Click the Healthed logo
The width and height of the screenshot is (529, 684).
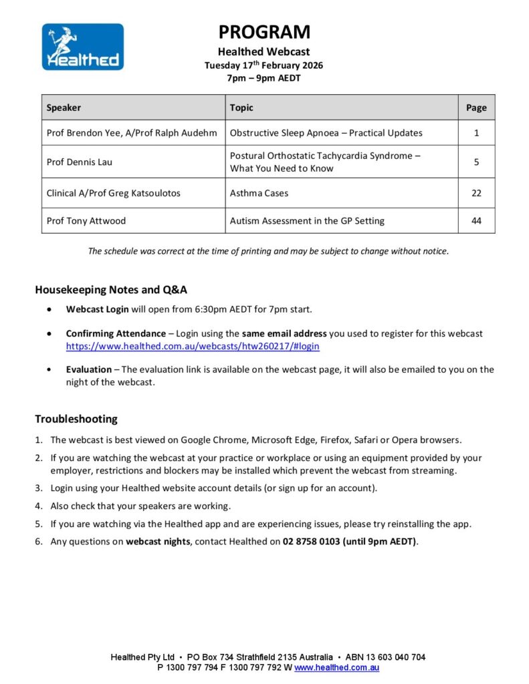click(x=82, y=47)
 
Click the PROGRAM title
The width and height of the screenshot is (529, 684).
click(x=264, y=32)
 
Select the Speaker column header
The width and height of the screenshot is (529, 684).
click(x=64, y=108)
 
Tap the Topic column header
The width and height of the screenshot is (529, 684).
click(x=241, y=108)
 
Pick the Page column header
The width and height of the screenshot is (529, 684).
click(x=476, y=108)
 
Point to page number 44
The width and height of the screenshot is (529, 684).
click(x=476, y=220)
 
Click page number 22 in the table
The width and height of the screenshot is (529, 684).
click(x=476, y=193)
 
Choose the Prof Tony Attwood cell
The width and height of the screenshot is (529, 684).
click(x=86, y=220)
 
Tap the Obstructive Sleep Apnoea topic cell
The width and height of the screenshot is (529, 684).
click(x=326, y=132)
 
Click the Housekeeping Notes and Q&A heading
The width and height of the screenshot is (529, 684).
click(x=111, y=290)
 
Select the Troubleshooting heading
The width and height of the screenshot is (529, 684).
click(x=76, y=419)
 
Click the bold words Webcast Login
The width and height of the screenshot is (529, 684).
click(x=97, y=309)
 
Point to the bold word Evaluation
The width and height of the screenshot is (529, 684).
click(x=88, y=369)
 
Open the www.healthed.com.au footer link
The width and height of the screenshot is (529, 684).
click(x=337, y=667)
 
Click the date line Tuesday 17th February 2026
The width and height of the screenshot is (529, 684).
click(x=263, y=65)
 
